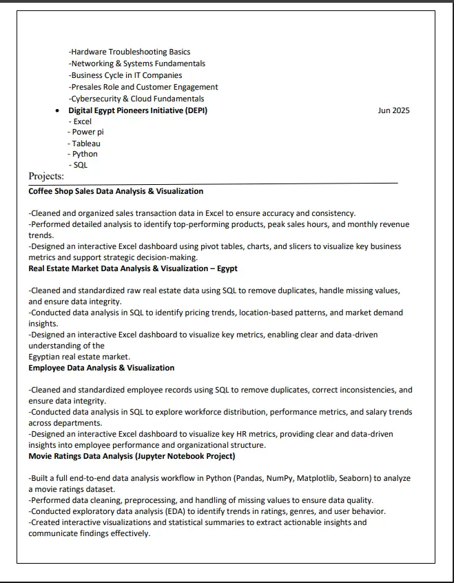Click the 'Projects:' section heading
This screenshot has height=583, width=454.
point(46,177)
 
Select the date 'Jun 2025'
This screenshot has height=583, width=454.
point(393,110)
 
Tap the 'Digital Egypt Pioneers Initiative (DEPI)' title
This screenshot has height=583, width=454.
point(138,110)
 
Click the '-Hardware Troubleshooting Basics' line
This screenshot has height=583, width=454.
point(130,52)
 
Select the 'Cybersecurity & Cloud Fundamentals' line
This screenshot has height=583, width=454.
point(136,99)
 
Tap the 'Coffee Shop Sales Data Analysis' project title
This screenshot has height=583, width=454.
point(116,191)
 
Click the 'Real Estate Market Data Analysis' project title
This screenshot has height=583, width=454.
point(133,268)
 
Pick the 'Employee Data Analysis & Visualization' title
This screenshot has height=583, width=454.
point(101,368)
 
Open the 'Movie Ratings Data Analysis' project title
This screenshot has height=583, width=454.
point(132,456)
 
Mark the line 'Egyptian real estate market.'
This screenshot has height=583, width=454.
point(79,357)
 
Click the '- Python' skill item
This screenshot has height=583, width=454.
point(83,154)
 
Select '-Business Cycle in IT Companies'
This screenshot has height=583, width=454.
point(125,75)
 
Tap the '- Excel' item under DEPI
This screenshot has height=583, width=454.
point(81,121)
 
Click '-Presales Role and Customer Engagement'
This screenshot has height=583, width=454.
point(143,87)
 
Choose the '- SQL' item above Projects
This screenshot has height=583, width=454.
point(79,165)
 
